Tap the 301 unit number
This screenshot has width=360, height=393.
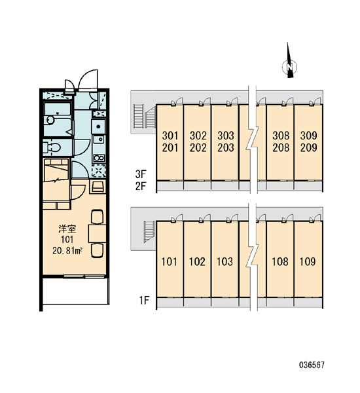tap(170, 136)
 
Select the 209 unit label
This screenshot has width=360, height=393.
tap(309, 147)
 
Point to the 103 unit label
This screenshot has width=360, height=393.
tap(225, 261)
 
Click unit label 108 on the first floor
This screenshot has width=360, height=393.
tap(280, 261)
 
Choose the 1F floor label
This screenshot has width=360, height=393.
tap(144, 300)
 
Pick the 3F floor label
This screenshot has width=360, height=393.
tap(141, 174)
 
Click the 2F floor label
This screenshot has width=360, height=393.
tap(141, 186)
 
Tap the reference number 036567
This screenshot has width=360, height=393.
tap(312, 365)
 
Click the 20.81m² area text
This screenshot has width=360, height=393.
tap(67, 250)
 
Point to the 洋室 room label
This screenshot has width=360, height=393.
tap(67, 229)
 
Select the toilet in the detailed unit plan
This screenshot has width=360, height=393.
tap(52, 147)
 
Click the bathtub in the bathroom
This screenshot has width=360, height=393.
tap(58, 109)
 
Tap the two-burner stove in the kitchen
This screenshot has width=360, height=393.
tap(99, 158)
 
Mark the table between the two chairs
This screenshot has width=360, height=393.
tap(97, 234)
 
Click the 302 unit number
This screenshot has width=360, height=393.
tap(198, 136)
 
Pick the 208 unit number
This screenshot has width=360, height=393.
tap(281, 147)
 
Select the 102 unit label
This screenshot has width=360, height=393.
tap(197, 261)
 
